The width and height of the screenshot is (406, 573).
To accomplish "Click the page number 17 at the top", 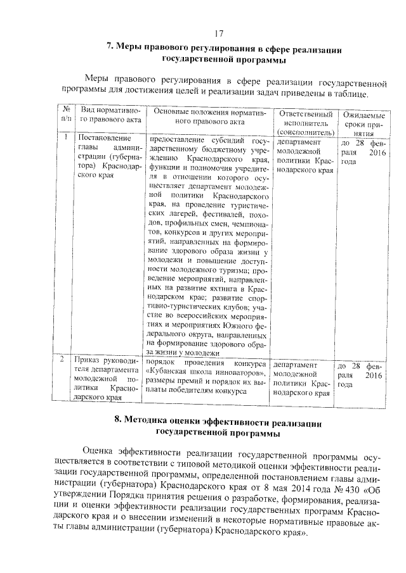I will click(219, 34).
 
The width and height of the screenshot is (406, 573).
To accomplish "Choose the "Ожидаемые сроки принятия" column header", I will click(363, 124).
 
